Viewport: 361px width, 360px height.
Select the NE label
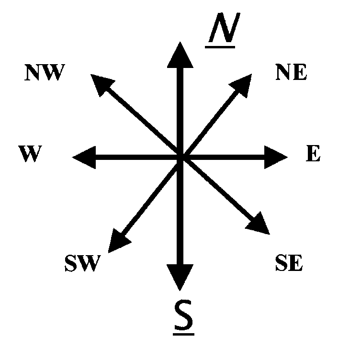click(291, 73)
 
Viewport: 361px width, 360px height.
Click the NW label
click(44, 73)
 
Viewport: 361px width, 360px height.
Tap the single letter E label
click(313, 155)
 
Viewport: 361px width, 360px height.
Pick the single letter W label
click(29, 155)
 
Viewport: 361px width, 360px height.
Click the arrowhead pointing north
click(180, 55)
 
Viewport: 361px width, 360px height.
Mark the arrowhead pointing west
click(85, 157)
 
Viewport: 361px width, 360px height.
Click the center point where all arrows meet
click(180, 157)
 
